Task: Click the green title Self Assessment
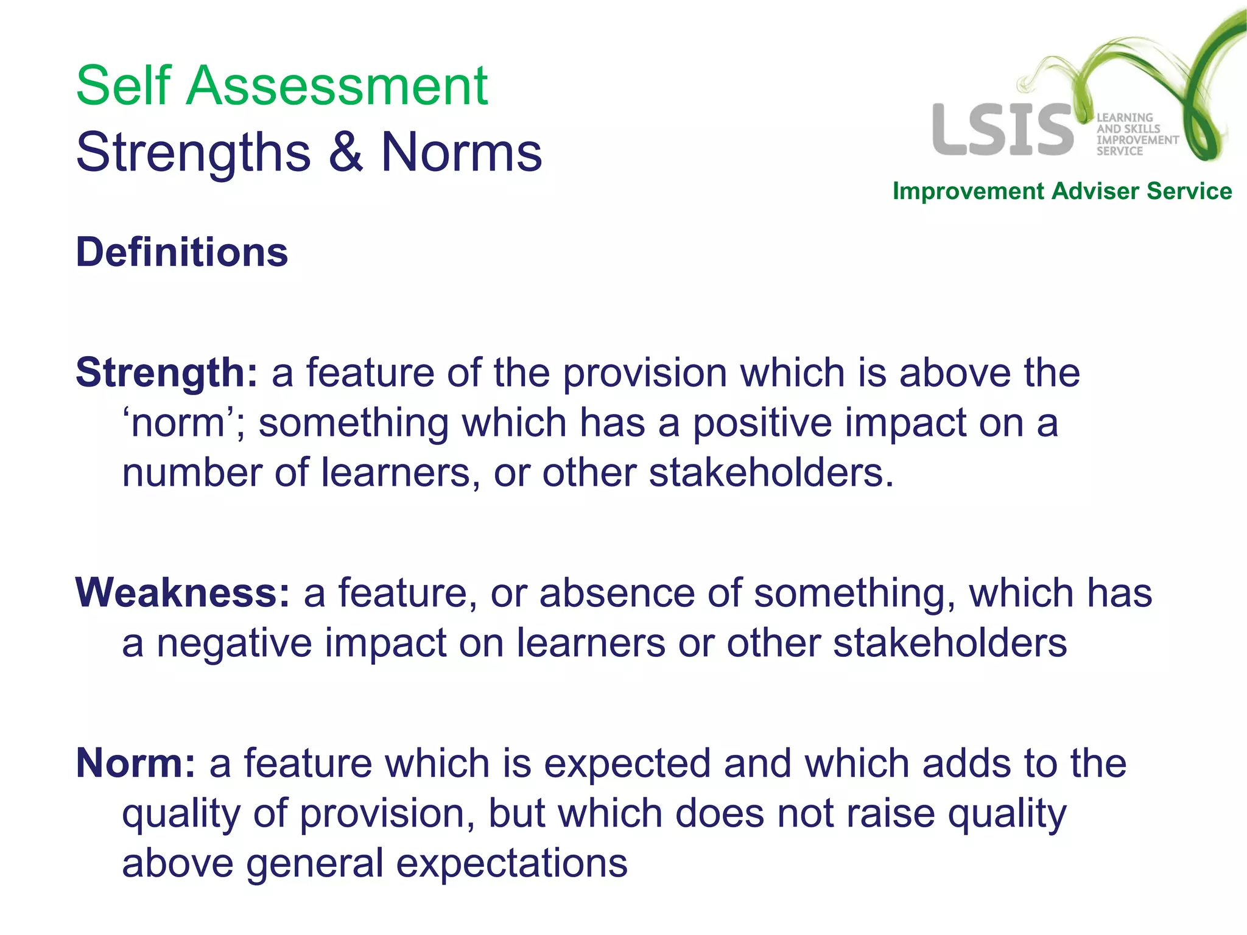281,86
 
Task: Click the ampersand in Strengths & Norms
346,152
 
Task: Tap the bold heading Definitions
181,252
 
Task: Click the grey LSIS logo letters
1002,130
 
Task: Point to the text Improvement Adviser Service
1062,191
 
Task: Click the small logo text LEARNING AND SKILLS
1127,123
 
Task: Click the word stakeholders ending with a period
771,473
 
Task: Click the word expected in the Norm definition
627,763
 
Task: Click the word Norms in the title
461,152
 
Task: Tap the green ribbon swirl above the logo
1126,61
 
